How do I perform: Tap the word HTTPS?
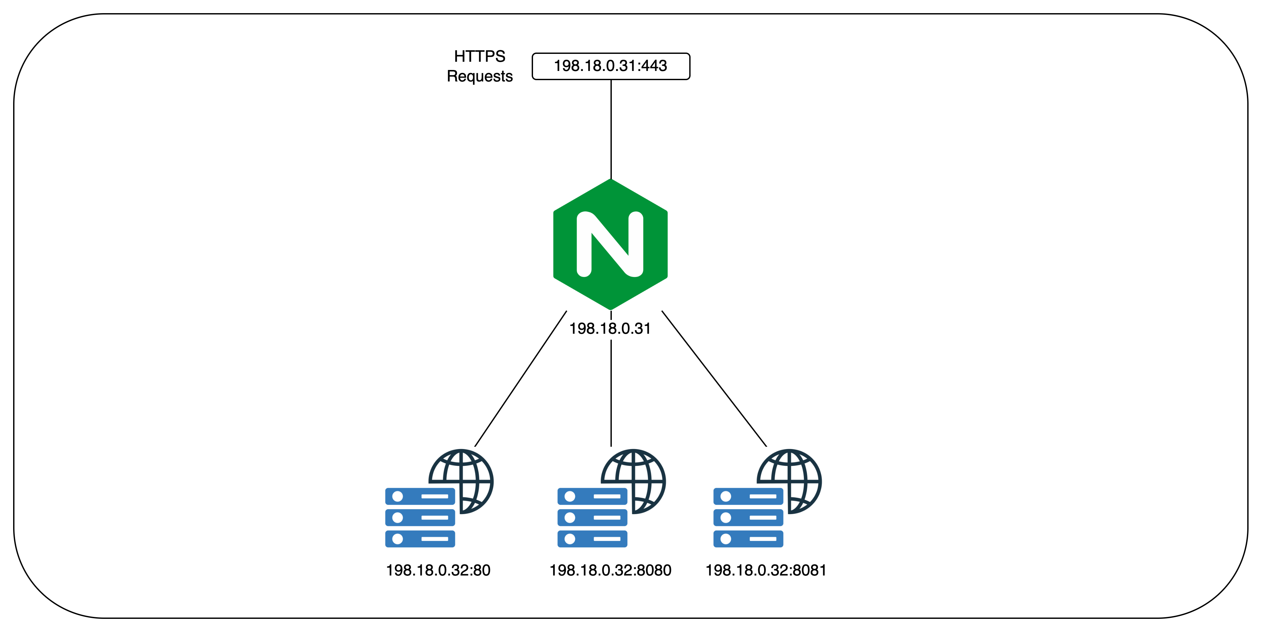coord(480,56)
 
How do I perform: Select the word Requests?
coord(480,77)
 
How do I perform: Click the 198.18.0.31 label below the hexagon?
coord(610,328)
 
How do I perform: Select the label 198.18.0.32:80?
coord(438,570)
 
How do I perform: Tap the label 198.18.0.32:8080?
coord(610,570)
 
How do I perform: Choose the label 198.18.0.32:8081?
coord(766,570)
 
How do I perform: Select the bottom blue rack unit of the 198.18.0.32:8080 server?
coord(592,539)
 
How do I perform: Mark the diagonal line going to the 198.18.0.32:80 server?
coord(521,378)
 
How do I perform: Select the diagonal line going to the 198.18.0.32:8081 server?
coord(714,378)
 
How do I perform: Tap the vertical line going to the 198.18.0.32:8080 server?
coord(611,393)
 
